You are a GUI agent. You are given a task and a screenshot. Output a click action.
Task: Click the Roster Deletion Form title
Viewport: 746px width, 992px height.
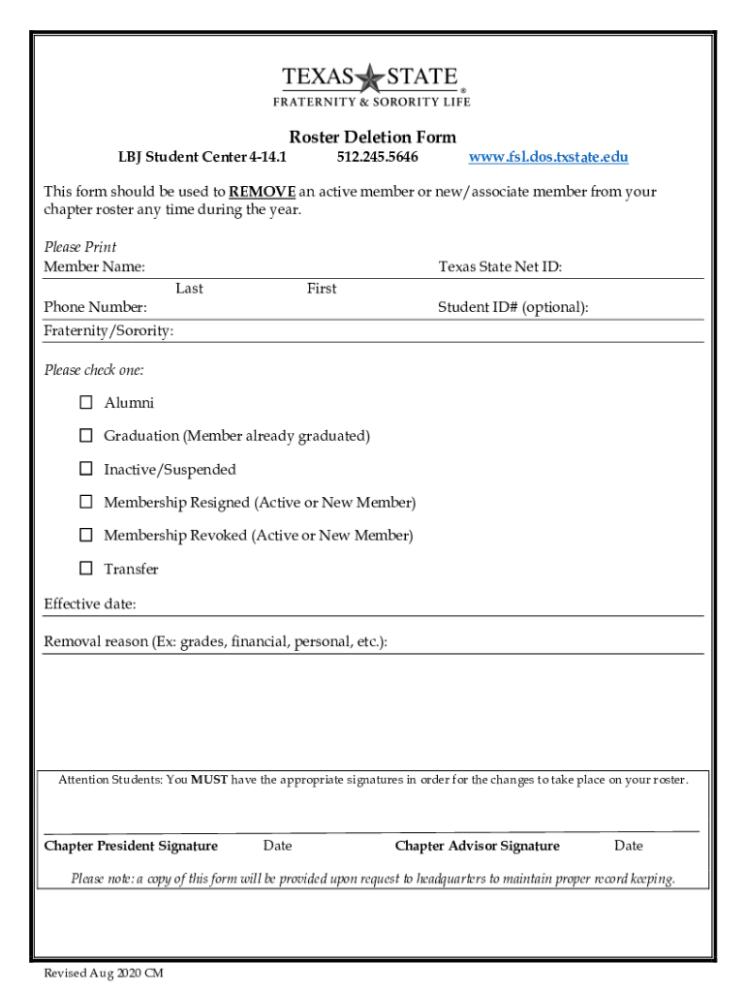373,137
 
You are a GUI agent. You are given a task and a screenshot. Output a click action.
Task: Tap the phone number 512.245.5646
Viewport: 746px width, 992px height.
378,157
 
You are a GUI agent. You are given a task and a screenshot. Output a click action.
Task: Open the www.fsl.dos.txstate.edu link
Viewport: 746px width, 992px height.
548,157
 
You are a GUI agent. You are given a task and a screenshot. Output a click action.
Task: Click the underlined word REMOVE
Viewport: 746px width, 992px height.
262,192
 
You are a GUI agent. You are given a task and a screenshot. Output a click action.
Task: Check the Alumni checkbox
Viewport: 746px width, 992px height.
86,402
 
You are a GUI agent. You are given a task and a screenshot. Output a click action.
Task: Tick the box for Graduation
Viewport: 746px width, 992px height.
86,435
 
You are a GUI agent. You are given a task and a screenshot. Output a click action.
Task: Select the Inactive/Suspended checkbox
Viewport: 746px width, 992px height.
86,469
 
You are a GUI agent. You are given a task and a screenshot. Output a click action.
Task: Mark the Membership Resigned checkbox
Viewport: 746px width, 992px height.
86,502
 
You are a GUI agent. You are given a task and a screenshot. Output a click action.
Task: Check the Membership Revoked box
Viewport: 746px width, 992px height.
86,535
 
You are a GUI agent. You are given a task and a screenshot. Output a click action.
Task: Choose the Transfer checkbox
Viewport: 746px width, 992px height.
86,568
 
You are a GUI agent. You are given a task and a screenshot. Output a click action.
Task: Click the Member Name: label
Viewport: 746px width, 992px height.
95,267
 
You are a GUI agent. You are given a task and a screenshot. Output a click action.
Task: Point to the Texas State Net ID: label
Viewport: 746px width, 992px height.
500,267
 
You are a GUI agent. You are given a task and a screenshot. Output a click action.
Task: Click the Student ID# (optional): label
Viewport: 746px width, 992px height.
513,307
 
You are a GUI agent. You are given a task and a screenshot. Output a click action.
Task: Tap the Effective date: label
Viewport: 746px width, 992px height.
90,604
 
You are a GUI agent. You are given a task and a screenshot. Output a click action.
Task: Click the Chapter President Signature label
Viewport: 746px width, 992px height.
131,846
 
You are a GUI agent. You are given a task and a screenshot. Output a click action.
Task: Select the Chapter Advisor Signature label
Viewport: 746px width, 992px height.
477,846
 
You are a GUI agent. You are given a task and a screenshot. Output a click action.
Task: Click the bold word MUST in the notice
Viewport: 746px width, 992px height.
209,780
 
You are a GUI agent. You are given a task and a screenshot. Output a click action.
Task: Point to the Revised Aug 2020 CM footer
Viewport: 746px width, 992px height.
104,974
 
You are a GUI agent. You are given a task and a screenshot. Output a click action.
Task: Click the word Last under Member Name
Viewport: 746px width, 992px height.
189,289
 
